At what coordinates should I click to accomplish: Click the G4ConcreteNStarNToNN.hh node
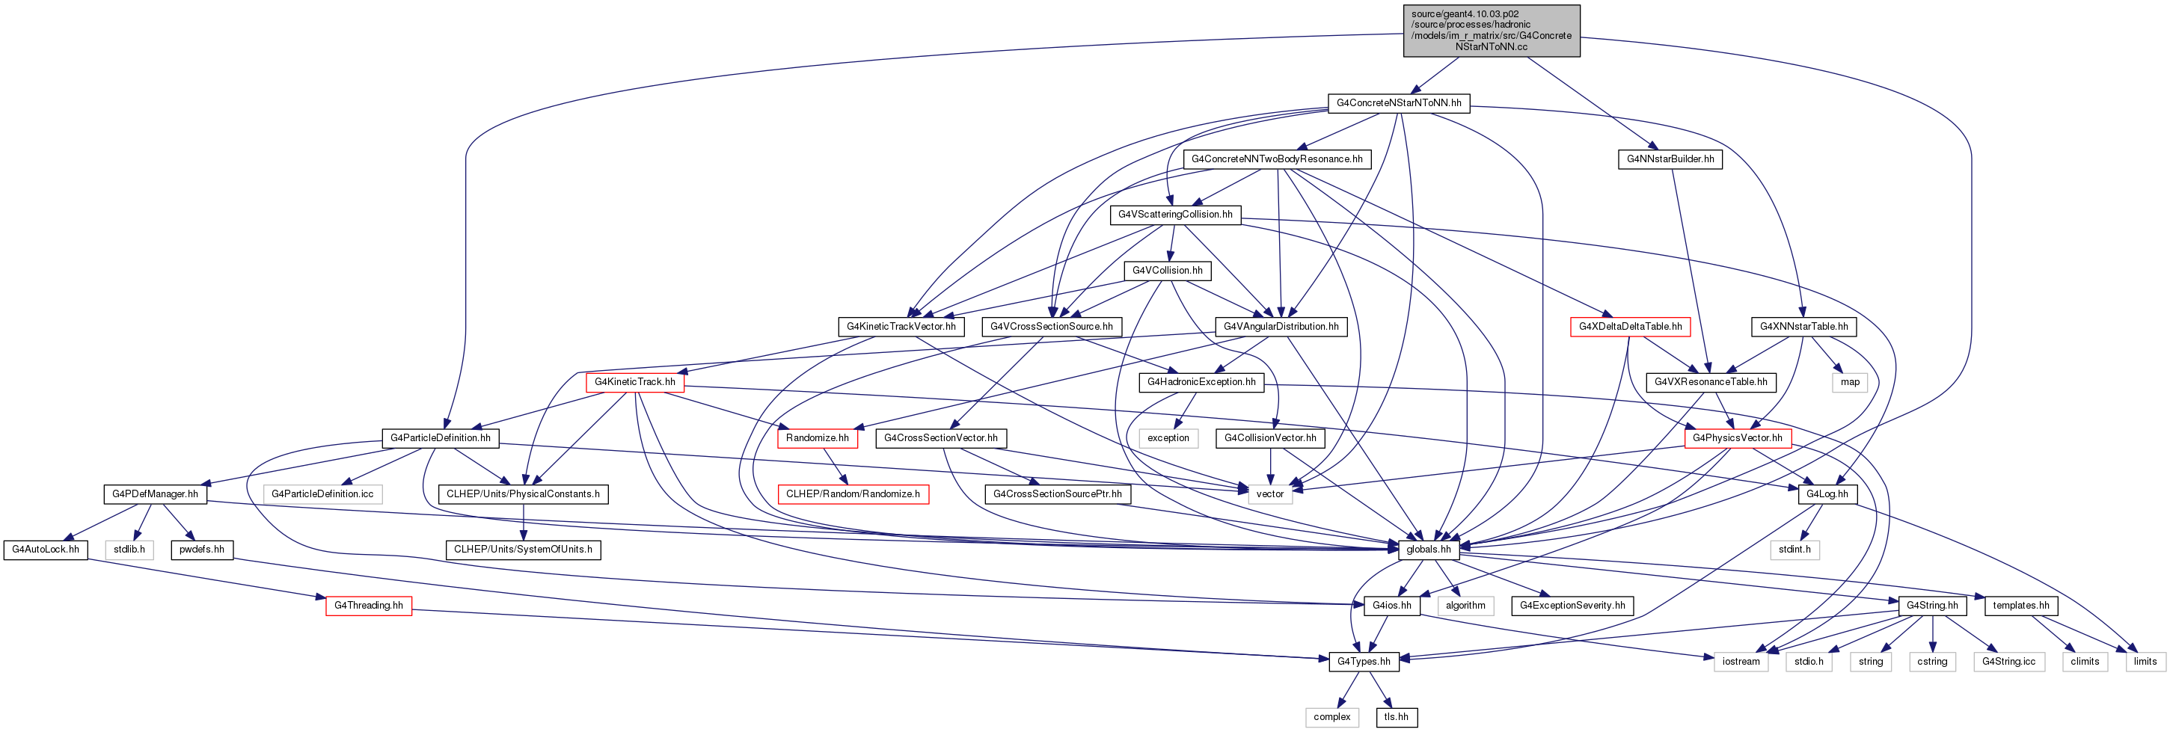1398,102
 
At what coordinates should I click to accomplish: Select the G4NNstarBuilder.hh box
1670,159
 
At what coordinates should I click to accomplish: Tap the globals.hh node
1429,550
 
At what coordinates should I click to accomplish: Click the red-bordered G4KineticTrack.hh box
634,381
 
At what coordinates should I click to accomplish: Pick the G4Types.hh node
1364,661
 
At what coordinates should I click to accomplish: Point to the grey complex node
1331,717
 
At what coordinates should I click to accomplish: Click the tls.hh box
1396,717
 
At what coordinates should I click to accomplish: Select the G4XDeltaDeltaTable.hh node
1630,326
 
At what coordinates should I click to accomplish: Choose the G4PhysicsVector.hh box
1737,438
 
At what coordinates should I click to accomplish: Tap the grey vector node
1269,493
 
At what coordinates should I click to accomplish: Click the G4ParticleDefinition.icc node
322,493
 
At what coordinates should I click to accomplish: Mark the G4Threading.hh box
368,605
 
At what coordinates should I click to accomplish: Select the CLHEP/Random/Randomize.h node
853,493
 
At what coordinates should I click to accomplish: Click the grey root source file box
1491,31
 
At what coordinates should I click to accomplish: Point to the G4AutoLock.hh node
46,550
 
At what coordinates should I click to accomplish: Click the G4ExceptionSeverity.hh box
1572,605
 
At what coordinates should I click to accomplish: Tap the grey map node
1850,381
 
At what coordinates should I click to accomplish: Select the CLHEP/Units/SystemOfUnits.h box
523,550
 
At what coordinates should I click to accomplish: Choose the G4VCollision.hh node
1167,271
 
